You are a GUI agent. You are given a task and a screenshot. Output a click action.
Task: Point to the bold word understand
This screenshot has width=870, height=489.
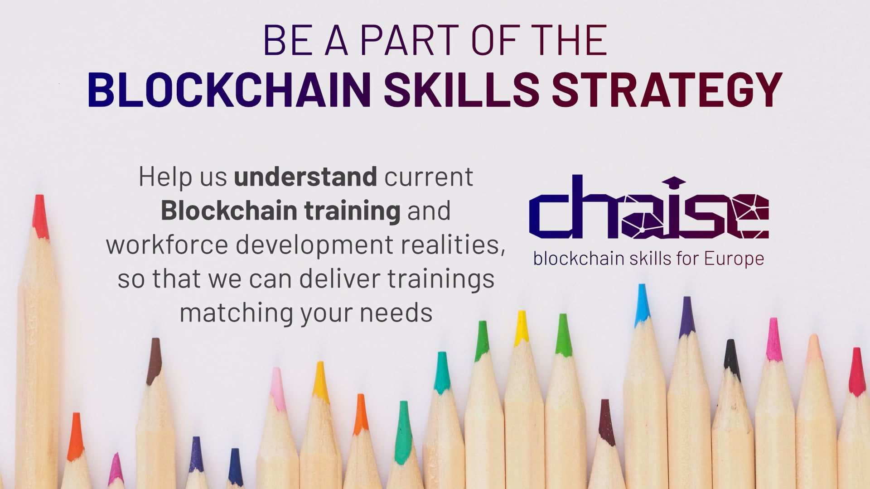(x=305, y=177)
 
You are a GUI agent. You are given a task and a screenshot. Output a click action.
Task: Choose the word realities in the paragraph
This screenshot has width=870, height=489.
(x=453, y=245)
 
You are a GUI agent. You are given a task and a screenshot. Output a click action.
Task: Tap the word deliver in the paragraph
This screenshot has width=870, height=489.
(x=339, y=278)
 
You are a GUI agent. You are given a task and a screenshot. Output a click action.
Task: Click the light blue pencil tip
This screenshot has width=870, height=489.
(x=642, y=305)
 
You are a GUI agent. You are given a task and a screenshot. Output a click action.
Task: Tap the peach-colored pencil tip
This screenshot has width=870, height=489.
(x=814, y=349)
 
